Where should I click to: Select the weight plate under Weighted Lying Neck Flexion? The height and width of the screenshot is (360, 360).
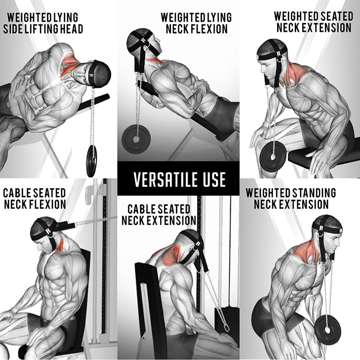point(136,138)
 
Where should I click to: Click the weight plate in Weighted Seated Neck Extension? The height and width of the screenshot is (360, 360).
point(273,156)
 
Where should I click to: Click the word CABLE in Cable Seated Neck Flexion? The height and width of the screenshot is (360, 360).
point(16,193)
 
